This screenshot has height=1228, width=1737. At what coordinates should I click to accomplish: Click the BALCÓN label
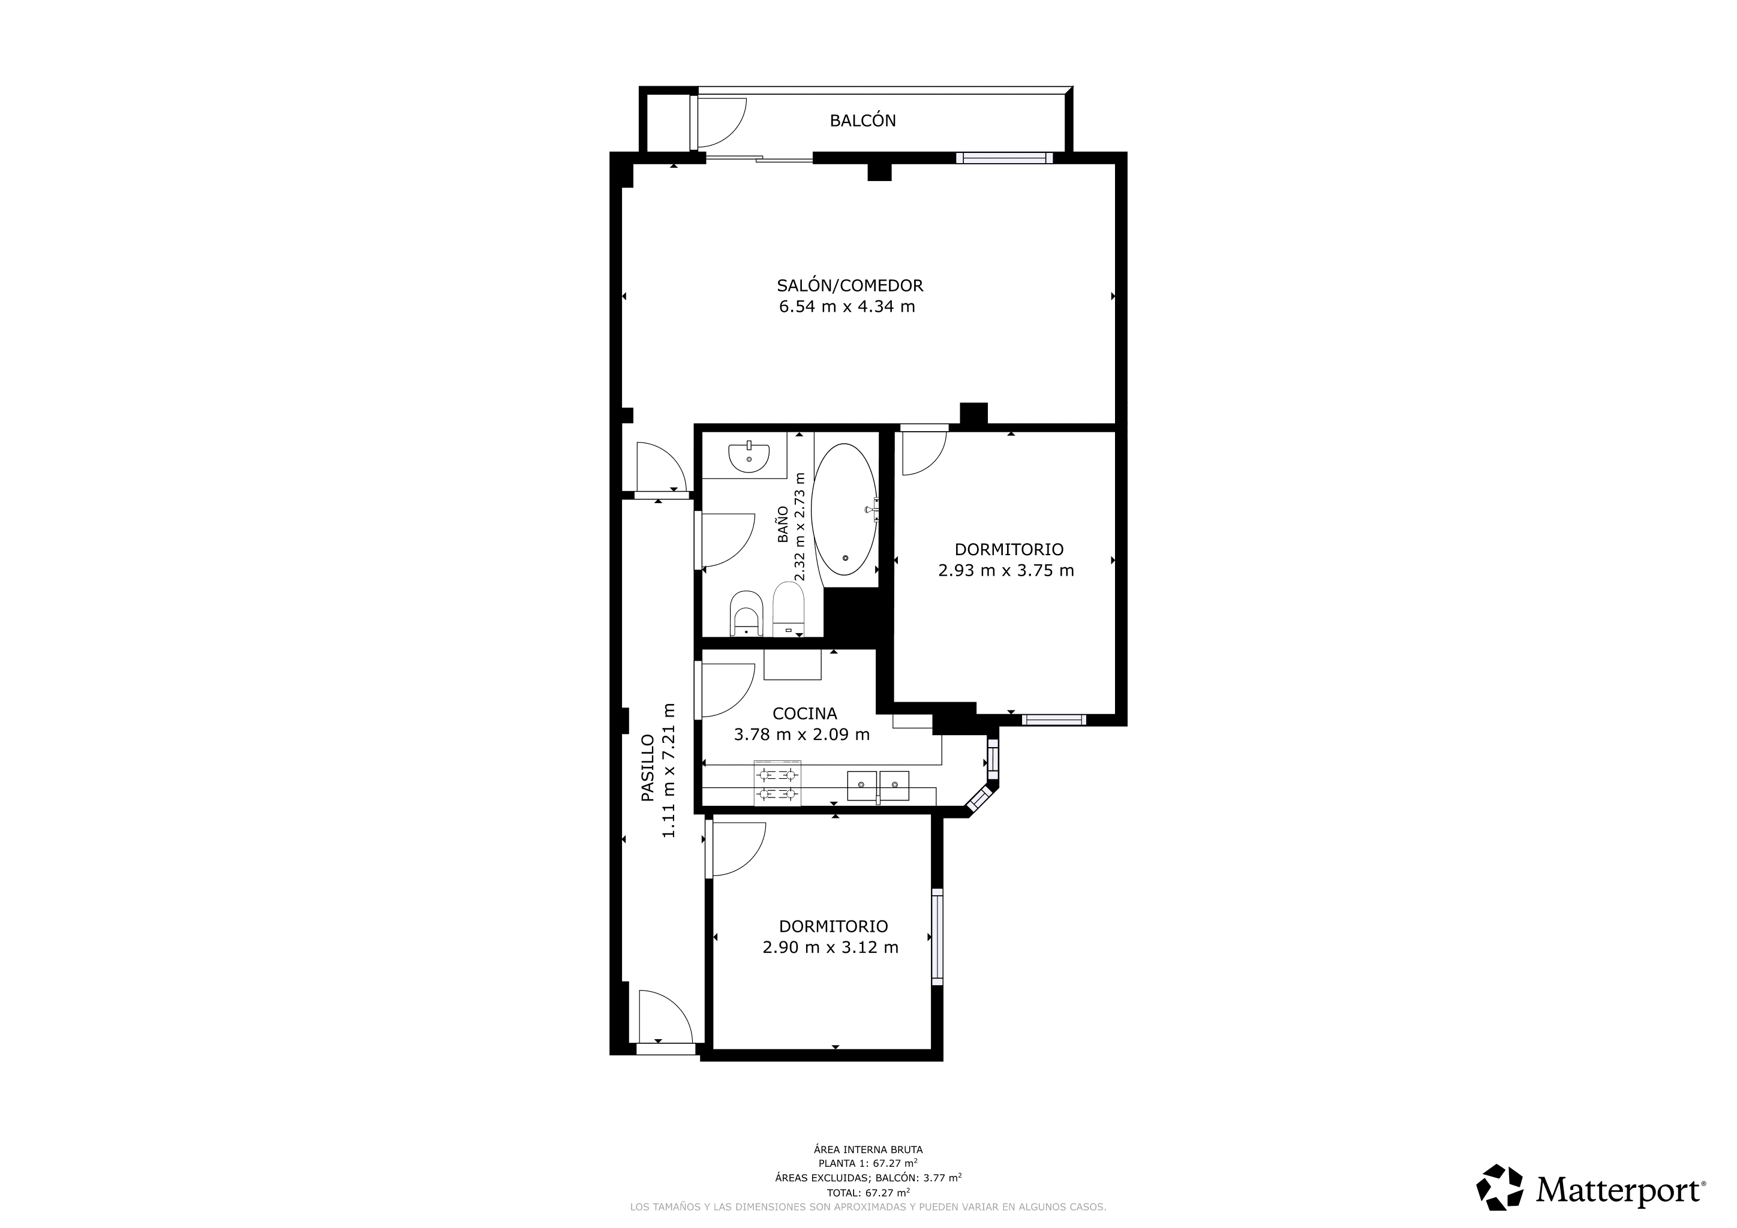point(863,121)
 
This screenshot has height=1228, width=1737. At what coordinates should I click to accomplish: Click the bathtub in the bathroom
point(845,510)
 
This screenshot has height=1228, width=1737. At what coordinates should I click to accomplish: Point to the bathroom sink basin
point(749,458)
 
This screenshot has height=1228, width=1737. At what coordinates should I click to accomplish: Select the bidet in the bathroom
point(747,613)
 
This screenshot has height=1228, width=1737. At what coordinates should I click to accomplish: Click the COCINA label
point(804,713)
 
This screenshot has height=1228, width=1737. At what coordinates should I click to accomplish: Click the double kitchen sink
point(877,785)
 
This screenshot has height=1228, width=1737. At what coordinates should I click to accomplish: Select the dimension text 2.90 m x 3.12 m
point(830,947)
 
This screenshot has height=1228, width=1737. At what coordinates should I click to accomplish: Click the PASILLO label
point(648,767)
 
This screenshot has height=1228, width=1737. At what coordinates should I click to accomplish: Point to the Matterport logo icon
point(1501,1187)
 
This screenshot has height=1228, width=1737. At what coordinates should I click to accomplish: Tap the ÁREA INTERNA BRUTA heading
point(869,1149)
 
